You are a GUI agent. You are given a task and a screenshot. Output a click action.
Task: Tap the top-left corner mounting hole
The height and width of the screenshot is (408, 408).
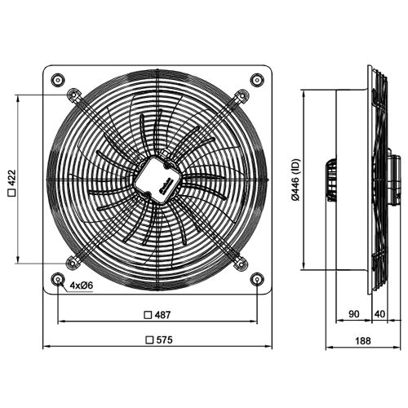click(58, 79)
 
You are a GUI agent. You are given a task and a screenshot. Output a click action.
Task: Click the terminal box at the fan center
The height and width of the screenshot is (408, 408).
click(157, 177)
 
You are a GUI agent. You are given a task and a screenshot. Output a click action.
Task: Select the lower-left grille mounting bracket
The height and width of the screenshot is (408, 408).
click(74, 263)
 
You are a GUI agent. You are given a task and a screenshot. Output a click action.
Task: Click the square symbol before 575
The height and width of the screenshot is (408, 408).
click(148, 339)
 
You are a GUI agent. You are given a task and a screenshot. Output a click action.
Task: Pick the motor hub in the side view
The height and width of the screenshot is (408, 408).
click(332, 179)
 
